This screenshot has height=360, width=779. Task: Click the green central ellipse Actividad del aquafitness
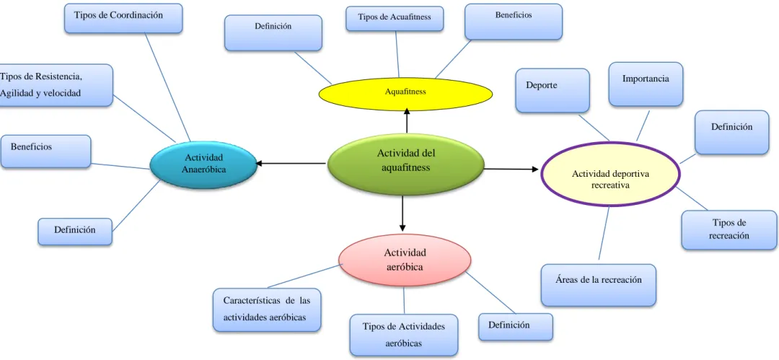(405, 164)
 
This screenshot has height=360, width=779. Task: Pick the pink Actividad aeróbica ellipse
(405, 260)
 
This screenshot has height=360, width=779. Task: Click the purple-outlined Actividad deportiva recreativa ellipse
(611, 174)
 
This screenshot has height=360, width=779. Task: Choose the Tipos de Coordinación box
(123, 19)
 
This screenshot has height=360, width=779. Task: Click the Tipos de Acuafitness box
(395, 19)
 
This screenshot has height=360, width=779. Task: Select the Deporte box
(553, 90)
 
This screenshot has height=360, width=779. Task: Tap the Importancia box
(646, 84)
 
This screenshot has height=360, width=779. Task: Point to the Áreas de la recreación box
(598, 285)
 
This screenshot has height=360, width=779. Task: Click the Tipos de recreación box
(729, 229)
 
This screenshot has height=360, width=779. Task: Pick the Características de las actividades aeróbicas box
(266, 309)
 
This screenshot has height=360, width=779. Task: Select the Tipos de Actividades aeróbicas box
(403, 335)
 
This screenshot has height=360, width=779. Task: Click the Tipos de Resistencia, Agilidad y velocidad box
(56, 85)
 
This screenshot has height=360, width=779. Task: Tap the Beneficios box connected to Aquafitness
(514, 22)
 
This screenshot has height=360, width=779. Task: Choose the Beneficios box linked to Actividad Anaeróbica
(45, 152)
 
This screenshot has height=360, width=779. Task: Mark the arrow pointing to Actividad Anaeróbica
(291, 163)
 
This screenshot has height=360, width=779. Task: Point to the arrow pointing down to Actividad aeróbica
(402, 214)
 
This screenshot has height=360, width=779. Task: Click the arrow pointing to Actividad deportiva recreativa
(511, 170)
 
